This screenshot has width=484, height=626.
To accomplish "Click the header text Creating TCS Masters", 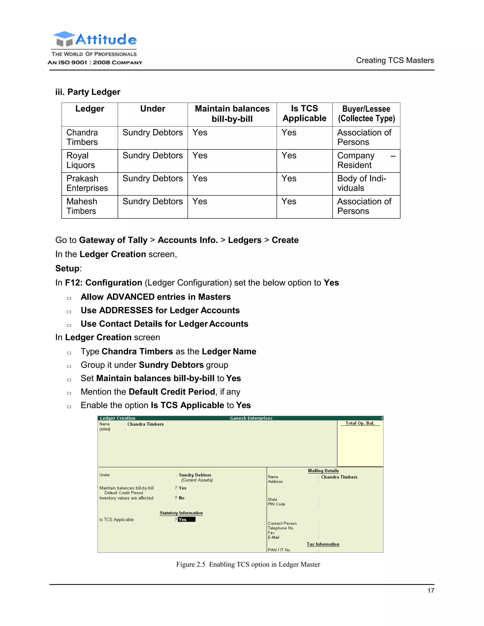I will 395,60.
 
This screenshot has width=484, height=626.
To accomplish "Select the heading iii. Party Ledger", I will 88,92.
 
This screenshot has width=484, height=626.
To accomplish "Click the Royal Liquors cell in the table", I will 81,160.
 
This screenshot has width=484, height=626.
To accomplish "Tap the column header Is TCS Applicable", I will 304,113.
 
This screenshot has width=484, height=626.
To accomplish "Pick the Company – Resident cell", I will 366,160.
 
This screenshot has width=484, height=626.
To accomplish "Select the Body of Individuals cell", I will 362,183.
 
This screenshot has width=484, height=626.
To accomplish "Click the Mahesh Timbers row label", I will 82,206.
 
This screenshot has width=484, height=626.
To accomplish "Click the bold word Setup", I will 67,269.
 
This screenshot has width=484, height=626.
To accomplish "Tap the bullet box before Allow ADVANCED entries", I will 69,298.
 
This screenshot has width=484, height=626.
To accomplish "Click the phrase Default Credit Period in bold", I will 172,392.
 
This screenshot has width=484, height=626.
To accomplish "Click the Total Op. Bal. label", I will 360,423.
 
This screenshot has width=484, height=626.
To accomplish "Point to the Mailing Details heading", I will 323,471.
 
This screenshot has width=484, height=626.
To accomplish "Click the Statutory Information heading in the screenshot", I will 181,513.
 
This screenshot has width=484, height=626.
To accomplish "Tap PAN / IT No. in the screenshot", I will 279,550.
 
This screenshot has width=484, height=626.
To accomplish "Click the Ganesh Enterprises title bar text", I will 251,418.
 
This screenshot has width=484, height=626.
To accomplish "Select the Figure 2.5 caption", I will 248,564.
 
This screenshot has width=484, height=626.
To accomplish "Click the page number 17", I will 430,591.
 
